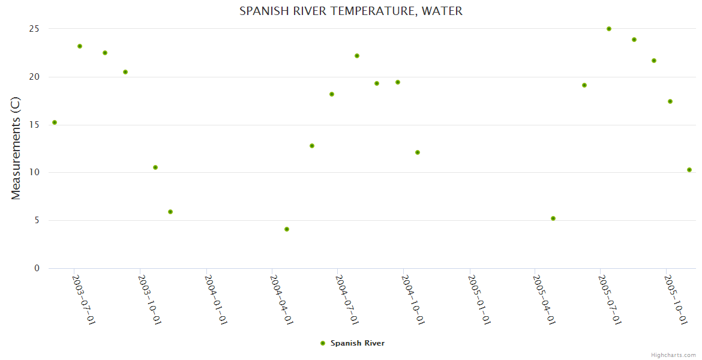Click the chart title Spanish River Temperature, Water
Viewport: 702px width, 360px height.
351,11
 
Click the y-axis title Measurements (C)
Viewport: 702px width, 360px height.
16,148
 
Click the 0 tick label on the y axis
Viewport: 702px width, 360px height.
37,268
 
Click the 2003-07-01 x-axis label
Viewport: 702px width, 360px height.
84,299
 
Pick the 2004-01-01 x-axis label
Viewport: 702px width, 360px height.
216,299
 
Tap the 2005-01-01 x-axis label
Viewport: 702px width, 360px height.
479,299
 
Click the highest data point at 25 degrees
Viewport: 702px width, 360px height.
609,29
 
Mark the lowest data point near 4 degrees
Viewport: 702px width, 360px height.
287,229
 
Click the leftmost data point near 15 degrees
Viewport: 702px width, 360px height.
55,122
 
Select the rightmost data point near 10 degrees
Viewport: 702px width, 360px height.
689,170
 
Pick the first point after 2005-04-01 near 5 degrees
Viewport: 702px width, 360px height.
553,218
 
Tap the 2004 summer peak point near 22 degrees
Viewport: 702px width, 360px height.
357,56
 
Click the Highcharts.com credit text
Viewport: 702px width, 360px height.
673,355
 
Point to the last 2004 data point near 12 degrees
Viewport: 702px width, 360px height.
418,152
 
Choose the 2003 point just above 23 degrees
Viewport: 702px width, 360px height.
80,46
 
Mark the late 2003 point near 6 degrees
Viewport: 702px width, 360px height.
170,212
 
